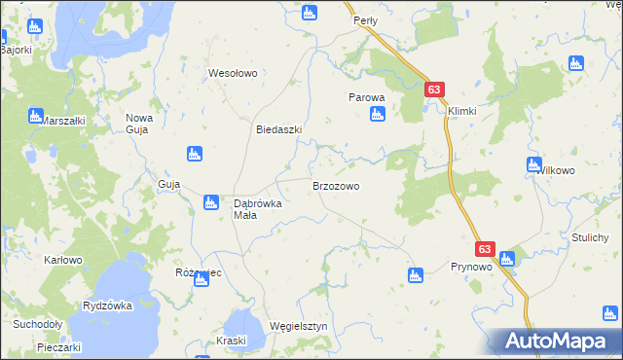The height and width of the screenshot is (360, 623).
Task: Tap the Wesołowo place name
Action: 233,73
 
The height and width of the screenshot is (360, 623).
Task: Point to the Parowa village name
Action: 368,97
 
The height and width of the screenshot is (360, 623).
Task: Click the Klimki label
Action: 462,111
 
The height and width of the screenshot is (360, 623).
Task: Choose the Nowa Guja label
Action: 139,124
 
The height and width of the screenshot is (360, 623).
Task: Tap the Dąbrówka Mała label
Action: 258,209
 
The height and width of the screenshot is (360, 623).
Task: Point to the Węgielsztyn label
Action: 297,327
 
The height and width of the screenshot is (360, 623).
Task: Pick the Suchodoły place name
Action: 37,324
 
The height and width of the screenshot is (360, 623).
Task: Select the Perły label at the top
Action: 365,19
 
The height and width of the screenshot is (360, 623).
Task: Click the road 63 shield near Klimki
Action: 435,90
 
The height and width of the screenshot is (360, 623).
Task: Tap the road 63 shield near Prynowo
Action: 486,249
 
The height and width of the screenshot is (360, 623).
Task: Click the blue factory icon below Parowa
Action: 378,115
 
